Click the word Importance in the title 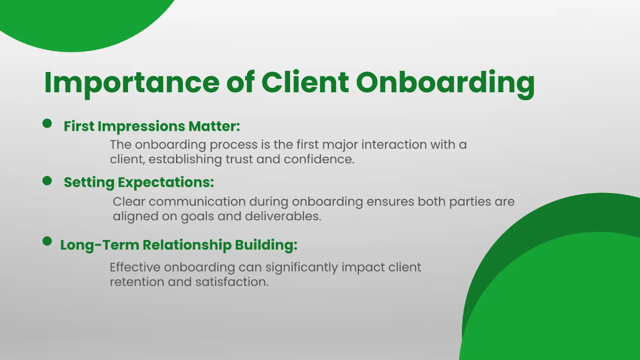click(x=131, y=83)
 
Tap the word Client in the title click(x=305, y=83)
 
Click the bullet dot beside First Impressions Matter click(x=47, y=124)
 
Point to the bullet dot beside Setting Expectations click(x=47, y=181)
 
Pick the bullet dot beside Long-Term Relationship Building click(x=47, y=242)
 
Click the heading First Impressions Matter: click(x=152, y=126)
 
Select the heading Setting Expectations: click(x=139, y=182)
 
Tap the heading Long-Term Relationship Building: click(x=178, y=245)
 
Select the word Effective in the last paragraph click(x=137, y=267)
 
